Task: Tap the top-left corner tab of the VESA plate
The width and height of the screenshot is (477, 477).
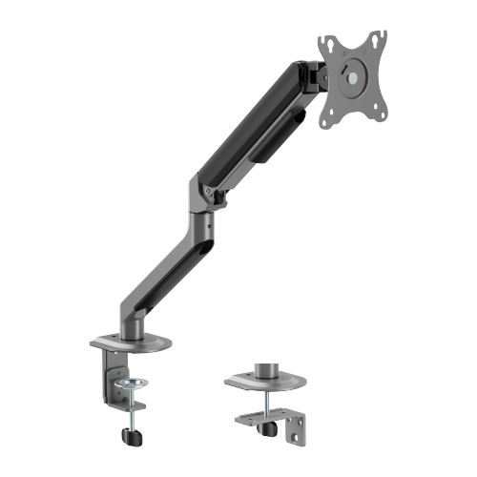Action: (327, 43)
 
